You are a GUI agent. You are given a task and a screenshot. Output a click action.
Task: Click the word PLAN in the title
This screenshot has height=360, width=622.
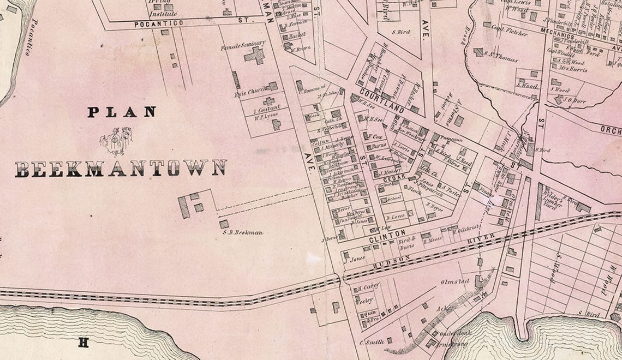tap(122, 112)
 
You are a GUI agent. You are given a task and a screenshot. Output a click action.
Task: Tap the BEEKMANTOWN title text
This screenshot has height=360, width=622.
tap(121, 169)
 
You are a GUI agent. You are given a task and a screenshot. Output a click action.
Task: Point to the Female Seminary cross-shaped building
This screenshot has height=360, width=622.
tap(254, 55)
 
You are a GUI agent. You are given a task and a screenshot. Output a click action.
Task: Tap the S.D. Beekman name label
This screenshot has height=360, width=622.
tap(243, 233)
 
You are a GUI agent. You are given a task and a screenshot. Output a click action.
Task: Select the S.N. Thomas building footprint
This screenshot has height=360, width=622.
tap(479, 52)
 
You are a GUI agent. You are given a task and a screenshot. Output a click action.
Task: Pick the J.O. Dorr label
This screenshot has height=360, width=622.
tap(575, 99)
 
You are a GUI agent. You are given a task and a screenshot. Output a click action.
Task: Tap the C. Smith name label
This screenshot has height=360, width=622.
tap(372, 342)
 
